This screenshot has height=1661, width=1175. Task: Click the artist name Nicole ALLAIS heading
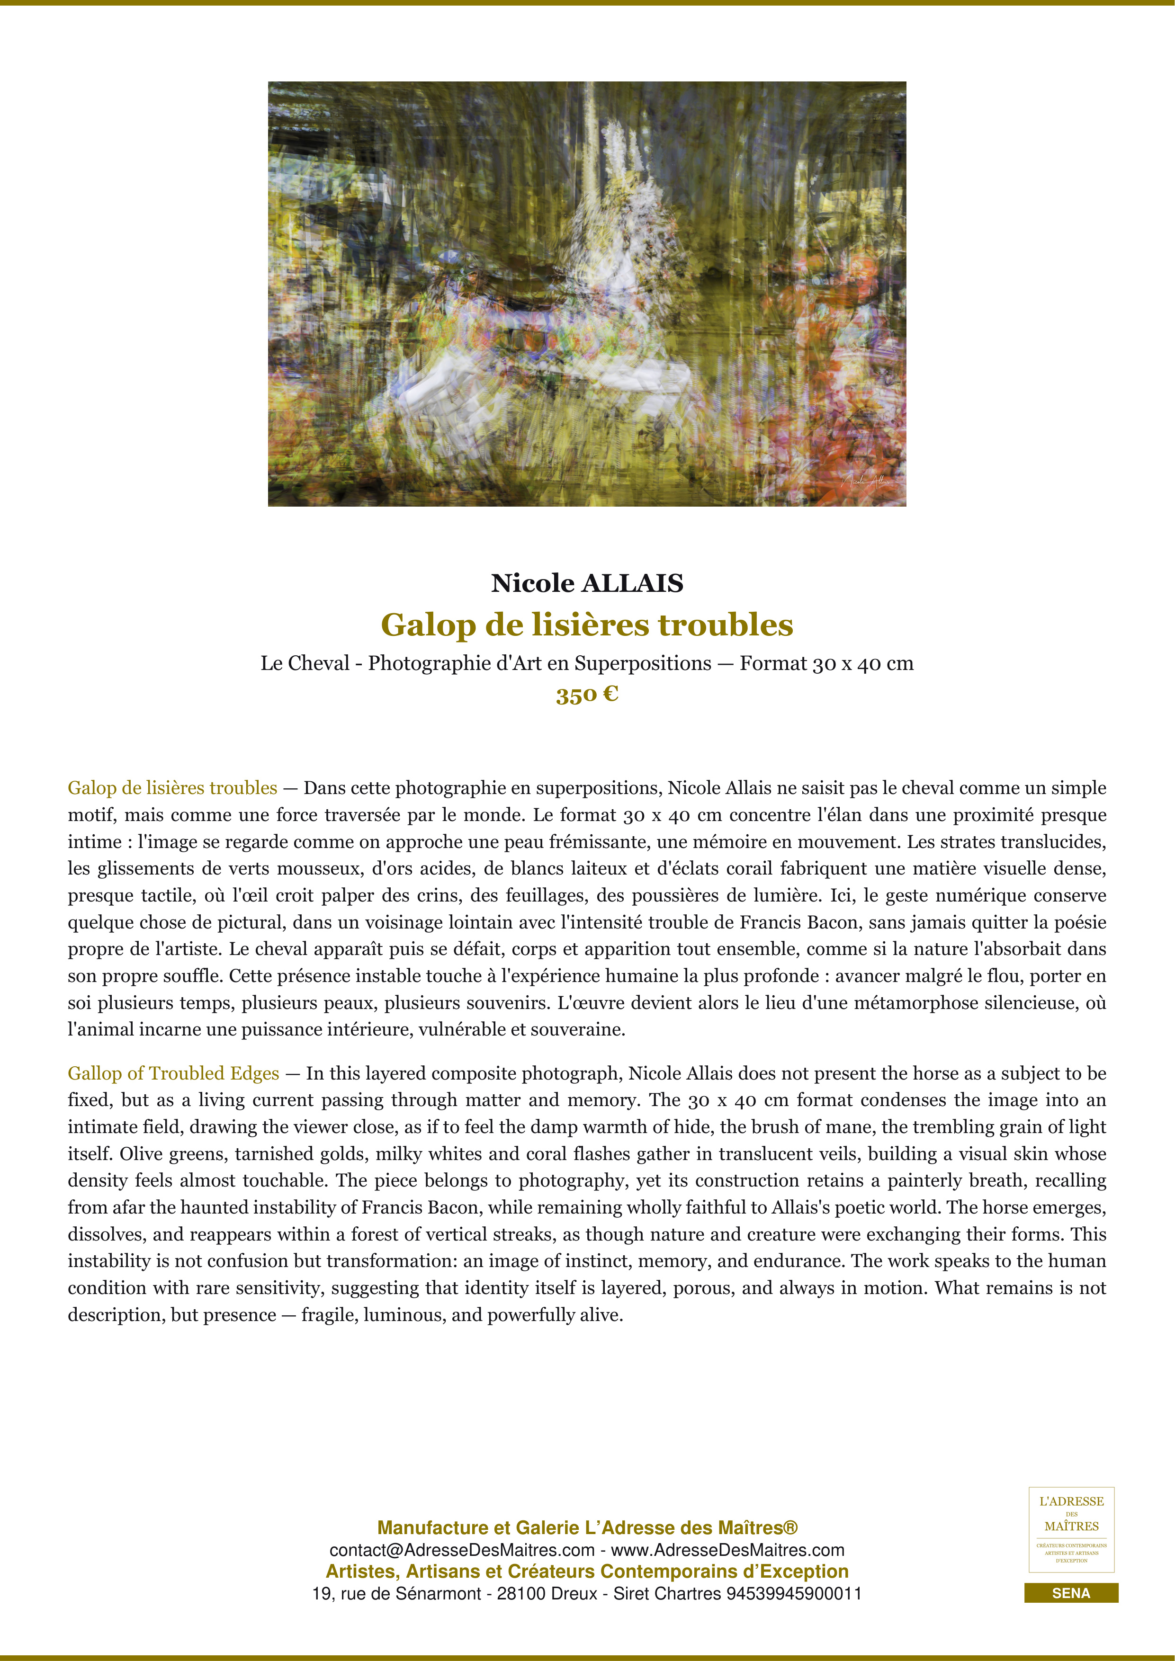pos(587,583)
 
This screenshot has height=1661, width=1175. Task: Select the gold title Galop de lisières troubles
pos(587,625)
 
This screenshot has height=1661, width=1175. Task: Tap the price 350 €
pos(587,695)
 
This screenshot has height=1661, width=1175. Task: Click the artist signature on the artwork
pos(866,481)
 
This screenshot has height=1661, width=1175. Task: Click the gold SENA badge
pos(1071,1593)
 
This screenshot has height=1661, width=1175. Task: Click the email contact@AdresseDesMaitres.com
pos(462,1550)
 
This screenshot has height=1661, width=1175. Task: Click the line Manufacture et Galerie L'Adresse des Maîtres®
pos(587,1528)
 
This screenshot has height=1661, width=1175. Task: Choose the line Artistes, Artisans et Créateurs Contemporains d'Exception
pos(587,1572)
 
